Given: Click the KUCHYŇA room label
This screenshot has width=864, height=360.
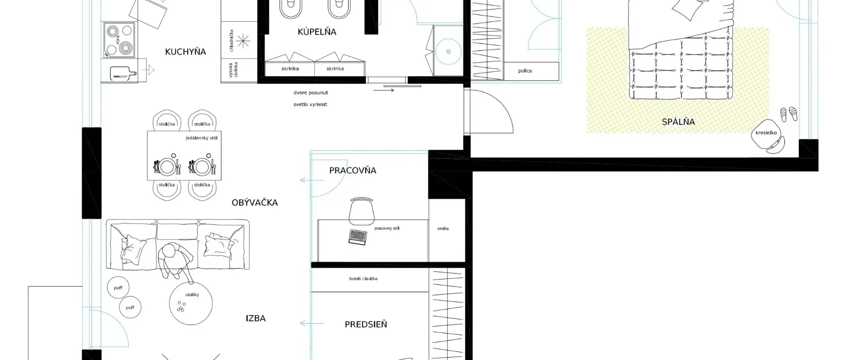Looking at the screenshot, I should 185,52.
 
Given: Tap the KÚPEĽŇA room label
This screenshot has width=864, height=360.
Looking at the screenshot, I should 317,32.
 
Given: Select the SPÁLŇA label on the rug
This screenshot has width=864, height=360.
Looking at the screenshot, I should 678,122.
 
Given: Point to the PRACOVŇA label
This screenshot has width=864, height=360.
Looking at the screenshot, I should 352,171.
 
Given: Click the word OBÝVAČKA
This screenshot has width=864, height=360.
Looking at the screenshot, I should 255,203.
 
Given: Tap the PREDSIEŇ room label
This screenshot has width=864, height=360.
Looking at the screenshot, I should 365,324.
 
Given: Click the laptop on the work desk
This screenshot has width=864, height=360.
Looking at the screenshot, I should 357,237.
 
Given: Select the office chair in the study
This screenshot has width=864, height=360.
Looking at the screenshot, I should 361,211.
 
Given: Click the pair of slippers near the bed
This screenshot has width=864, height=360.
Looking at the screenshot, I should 788,114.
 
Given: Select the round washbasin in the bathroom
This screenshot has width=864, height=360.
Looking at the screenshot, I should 448,52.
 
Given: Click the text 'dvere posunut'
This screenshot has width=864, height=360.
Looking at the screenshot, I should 310,93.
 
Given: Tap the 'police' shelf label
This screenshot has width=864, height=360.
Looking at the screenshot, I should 525,71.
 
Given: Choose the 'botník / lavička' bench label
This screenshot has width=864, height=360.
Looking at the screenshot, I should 363,279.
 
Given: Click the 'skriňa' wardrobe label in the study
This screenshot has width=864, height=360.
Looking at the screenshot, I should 443,229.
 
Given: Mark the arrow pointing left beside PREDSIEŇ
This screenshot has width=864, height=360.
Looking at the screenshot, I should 312,324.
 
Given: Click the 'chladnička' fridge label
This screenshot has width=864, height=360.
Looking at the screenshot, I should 231,40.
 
